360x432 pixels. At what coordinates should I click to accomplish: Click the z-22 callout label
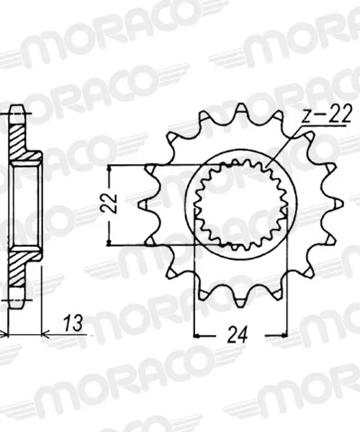[x=327, y=114]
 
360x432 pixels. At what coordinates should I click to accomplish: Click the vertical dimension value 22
[x=108, y=204]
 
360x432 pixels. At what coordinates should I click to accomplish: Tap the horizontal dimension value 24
[x=238, y=335]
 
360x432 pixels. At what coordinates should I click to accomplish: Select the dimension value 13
[x=73, y=323]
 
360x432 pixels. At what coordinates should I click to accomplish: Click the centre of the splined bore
[x=241, y=204]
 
